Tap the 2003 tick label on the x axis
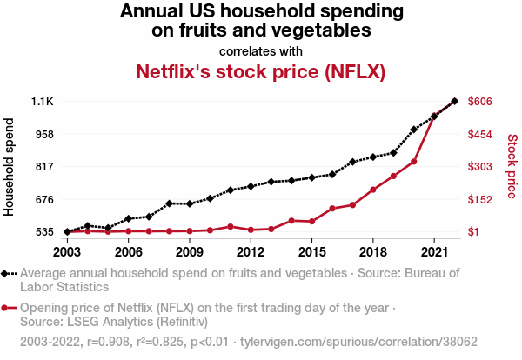click(x=67, y=252)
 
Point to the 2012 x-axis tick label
click(x=251, y=252)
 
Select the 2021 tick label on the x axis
click(x=434, y=252)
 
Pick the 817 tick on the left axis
click(x=44, y=167)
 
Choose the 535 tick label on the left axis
click(x=44, y=232)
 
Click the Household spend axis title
click(x=10, y=167)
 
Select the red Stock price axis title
click(x=512, y=165)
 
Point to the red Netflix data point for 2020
click(x=414, y=162)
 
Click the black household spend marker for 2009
click(x=190, y=203)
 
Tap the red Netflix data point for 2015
click(x=311, y=222)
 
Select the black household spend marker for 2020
click(x=414, y=130)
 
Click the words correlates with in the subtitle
click(x=261, y=50)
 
